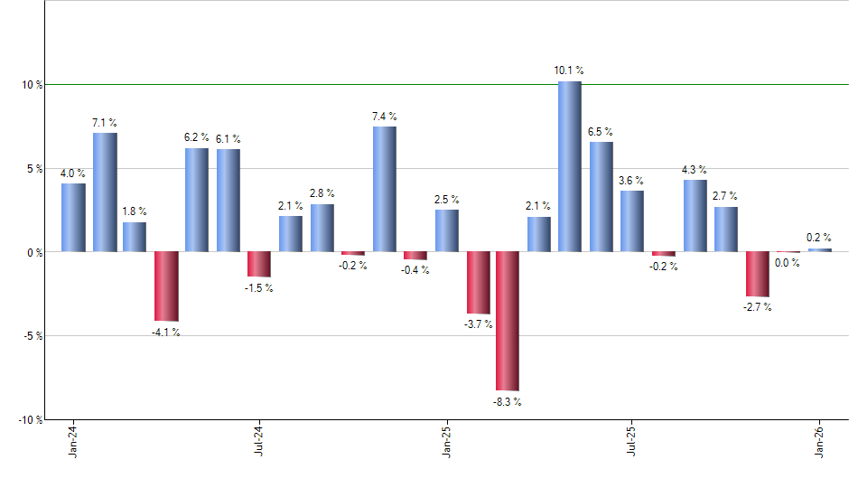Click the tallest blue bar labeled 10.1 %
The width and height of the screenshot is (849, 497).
[x=569, y=166]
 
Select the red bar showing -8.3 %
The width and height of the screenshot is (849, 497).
[x=508, y=321]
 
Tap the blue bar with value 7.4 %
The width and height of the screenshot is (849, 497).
[x=384, y=189]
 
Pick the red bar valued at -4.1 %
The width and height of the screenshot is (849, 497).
[x=166, y=286]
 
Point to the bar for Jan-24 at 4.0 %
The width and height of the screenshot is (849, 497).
[x=73, y=218]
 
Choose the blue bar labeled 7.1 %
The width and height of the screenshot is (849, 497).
[x=105, y=192]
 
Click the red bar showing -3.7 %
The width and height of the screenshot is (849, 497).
[x=477, y=282]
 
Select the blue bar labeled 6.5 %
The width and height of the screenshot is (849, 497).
[x=601, y=196]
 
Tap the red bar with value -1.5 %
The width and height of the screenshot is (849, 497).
[x=259, y=264]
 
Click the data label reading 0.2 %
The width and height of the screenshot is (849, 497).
[x=819, y=238]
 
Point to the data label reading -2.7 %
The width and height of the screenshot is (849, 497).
[x=757, y=307]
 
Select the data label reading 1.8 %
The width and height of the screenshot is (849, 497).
[x=135, y=211]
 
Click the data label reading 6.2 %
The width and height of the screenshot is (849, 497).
[x=196, y=137]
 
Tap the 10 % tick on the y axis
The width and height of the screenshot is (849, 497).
[x=33, y=85]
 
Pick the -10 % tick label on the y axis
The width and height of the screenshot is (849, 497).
[x=31, y=420]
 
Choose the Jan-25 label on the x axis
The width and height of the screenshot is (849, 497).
[x=447, y=441]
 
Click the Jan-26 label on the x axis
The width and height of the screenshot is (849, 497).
[x=820, y=441]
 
